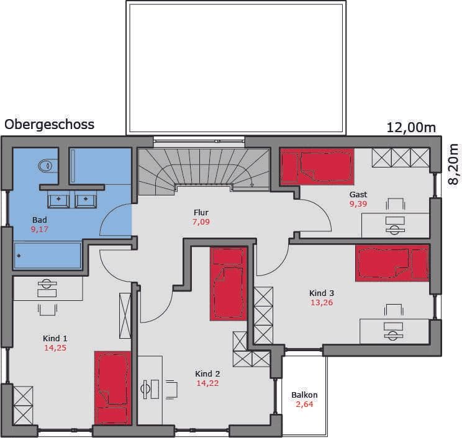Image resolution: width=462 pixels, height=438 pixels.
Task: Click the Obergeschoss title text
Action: [49, 125]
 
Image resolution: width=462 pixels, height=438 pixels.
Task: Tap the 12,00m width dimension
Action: [411, 128]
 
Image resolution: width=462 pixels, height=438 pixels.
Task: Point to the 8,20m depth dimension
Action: [453, 164]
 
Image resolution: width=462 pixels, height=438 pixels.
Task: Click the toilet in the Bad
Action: [47, 166]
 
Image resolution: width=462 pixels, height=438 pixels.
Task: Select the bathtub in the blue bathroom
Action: [47, 256]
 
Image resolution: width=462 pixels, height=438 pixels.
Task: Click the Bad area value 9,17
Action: [40, 230]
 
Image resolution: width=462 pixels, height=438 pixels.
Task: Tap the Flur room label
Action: [201, 212]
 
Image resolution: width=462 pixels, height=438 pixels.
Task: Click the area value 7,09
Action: [201, 221]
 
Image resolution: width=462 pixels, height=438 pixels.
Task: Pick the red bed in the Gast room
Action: [317, 166]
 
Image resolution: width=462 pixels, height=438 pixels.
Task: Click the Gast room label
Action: [358, 195]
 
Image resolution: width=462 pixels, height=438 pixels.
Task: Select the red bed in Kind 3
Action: [392, 263]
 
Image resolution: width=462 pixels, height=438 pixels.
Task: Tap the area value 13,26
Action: [322, 302]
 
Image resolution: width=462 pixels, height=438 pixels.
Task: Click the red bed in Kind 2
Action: [229, 284]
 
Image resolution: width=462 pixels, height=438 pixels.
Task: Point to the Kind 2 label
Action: [207, 373]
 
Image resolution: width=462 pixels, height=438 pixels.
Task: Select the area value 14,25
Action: [55, 347]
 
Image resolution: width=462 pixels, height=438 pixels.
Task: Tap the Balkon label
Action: [304, 395]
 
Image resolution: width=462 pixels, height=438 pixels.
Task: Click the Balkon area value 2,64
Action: [304, 404]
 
